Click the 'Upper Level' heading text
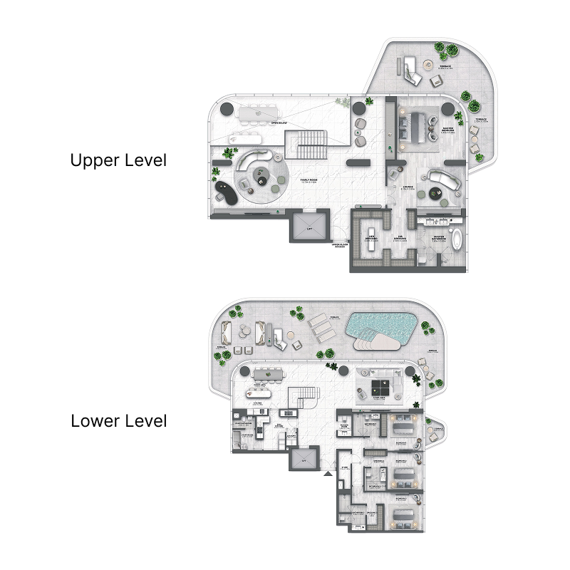[x=118, y=161]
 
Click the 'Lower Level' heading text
[x=118, y=421]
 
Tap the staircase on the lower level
[x=299, y=403]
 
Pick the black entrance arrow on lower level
[x=327, y=473]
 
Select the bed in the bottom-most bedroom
[x=399, y=515]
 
